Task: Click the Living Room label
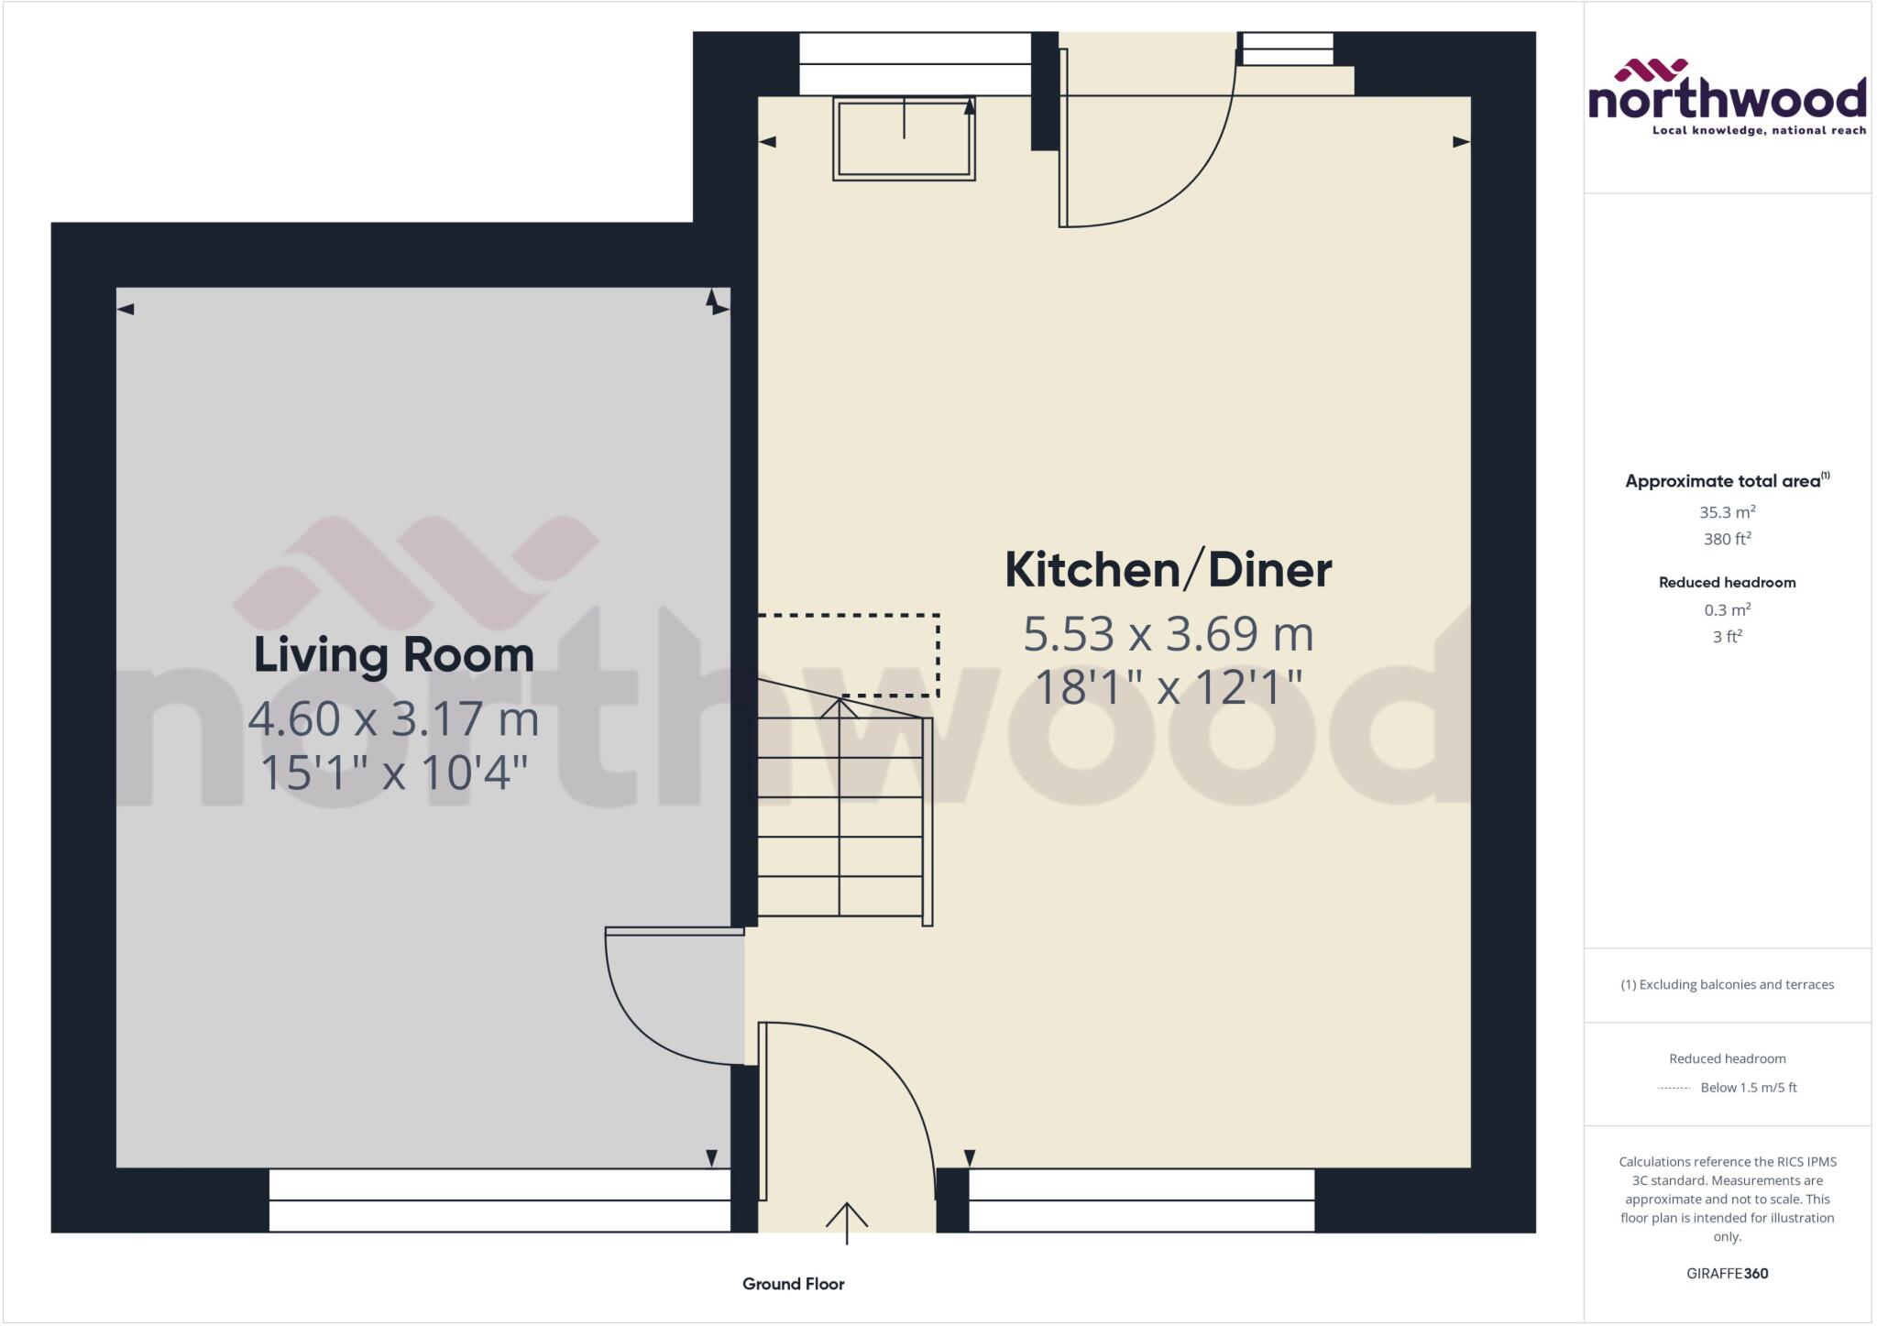[393, 654]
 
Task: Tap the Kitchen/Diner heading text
[1168, 570]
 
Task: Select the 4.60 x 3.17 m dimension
[393, 718]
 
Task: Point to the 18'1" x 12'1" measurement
[1168, 687]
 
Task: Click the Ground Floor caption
[793, 1284]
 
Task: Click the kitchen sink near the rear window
[904, 137]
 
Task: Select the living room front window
[499, 1200]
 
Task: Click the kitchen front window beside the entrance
[1141, 1200]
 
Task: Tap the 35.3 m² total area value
[1727, 512]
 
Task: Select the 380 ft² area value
[1727, 539]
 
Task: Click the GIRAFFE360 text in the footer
[1727, 1273]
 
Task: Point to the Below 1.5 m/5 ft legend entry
[1748, 1088]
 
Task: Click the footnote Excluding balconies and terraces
[1727, 984]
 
